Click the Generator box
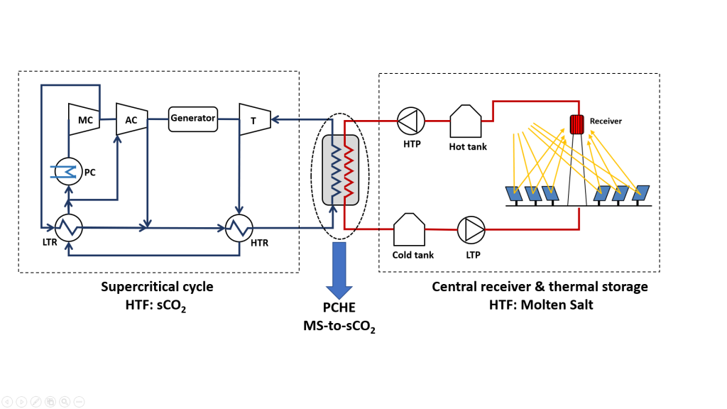click(x=192, y=118)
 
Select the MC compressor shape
click(x=84, y=120)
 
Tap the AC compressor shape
click(x=131, y=120)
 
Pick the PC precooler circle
click(x=69, y=171)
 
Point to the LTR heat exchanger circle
click(x=69, y=228)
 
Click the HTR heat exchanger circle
click(x=240, y=228)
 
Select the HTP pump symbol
click(x=411, y=121)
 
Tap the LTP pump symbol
click(x=471, y=229)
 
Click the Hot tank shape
click(x=466, y=121)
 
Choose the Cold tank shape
click(x=409, y=229)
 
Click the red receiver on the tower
click(x=576, y=124)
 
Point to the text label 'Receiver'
click(x=606, y=121)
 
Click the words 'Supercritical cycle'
click(x=156, y=287)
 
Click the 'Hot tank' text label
click(x=468, y=147)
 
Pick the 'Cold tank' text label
click(x=412, y=255)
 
